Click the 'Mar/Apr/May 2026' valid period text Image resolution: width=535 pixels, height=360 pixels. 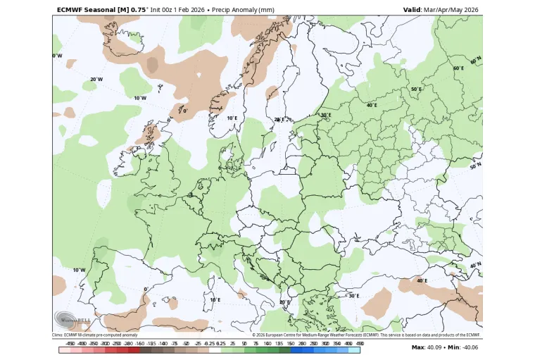click(x=452, y=10)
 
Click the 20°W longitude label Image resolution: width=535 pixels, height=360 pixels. click(x=96, y=80)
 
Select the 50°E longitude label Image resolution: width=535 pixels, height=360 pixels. click(x=416, y=89)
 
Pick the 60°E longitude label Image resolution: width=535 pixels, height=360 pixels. click(x=458, y=68)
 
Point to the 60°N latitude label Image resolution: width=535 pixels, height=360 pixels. click(x=477, y=61)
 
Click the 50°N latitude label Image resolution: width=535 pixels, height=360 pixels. click(x=475, y=166)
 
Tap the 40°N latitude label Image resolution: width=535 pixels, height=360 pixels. click(x=477, y=265)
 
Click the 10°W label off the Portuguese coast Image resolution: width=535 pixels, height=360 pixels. click(x=79, y=270)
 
